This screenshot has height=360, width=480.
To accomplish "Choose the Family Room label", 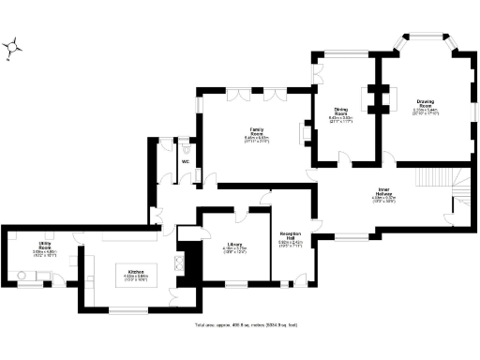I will [256, 131].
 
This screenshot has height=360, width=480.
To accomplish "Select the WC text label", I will [185, 162].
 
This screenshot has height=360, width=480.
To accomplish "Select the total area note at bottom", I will [246, 324].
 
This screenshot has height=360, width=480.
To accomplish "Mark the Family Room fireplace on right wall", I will [302, 133].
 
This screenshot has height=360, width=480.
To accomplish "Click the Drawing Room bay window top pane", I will [426, 37].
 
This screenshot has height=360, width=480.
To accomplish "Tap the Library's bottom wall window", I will [235, 284].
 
